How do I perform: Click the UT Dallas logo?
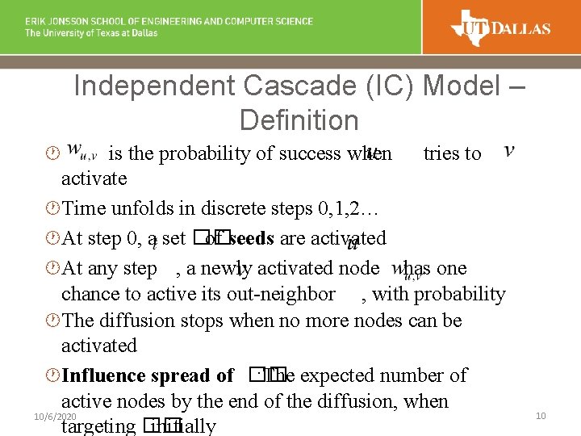click(x=502, y=29)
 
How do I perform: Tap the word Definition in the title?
click(x=299, y=121)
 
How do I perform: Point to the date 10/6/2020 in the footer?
click(x=55, y=415)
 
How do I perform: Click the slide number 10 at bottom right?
click(x=541, y=415)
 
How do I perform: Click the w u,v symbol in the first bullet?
click(x=82, y=151)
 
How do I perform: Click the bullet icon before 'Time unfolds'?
click(x=52, y=209)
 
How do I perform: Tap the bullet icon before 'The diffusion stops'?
click(x=52, y=321)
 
